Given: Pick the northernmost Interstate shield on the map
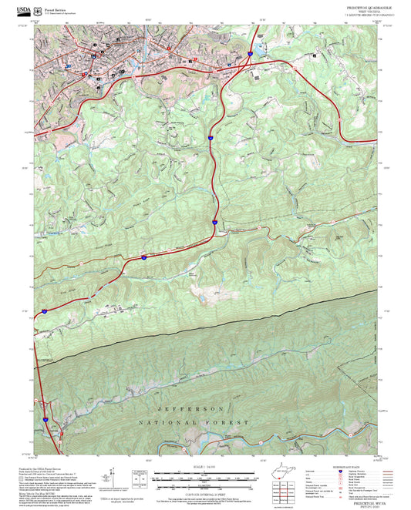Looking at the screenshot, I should click(x=251, y=53).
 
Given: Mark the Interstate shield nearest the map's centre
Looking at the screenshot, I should click(x=215, y=221).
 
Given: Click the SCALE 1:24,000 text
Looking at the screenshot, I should click(x=205, y=467).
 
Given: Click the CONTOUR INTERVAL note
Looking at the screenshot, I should click(x=205, y=490).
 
